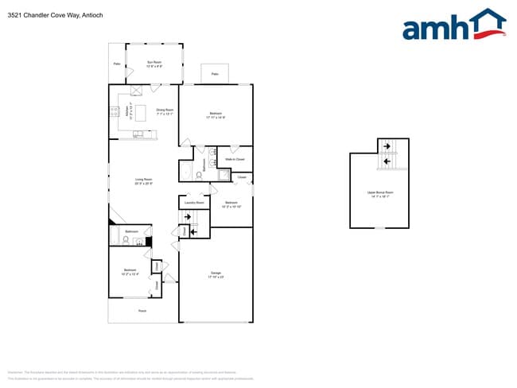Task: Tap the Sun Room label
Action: pyautogui.click(x=154, y=64)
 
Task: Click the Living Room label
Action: pyautogui.click(x=143, y=181)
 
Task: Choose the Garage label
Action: pyautogui.click(x=216, y=275)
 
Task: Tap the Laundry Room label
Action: pyautogui.click(x=194, y=203)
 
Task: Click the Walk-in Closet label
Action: pyautogui.click(x=234, y=159)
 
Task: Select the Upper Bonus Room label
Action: pyautogui.click(x=380, y=193)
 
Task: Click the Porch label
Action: pyautogui.click(x=142, y=310)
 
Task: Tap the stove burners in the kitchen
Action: pyautogui.click(x=115, y=112)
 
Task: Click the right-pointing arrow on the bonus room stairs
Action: pyautogui.click(x=386, y=145)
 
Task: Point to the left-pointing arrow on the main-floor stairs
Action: pyautogui.click(x=194, y=231)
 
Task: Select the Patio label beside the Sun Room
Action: pyautogui.click(x=116, y=64)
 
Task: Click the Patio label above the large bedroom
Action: pyautogui.click(x=215, y=75)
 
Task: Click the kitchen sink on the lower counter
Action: pyautogui.click(x=138, y=133)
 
